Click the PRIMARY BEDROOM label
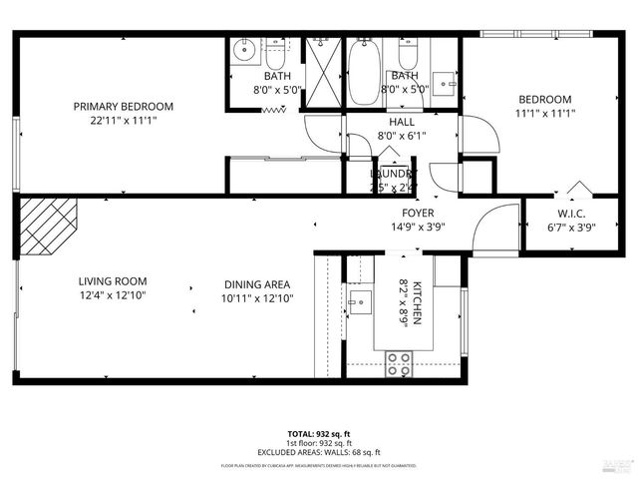(x=124, y=107)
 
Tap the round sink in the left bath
(x=243, y=47)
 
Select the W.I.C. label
(x=571, y=213)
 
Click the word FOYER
(x=418, y=213)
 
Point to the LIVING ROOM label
(x=116, y=281)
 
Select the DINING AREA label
(x=257, y=284)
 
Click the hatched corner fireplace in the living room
(x=48, y=224)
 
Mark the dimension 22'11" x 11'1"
(x=124, y=120)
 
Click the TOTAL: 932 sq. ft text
(x=319, y=434)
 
